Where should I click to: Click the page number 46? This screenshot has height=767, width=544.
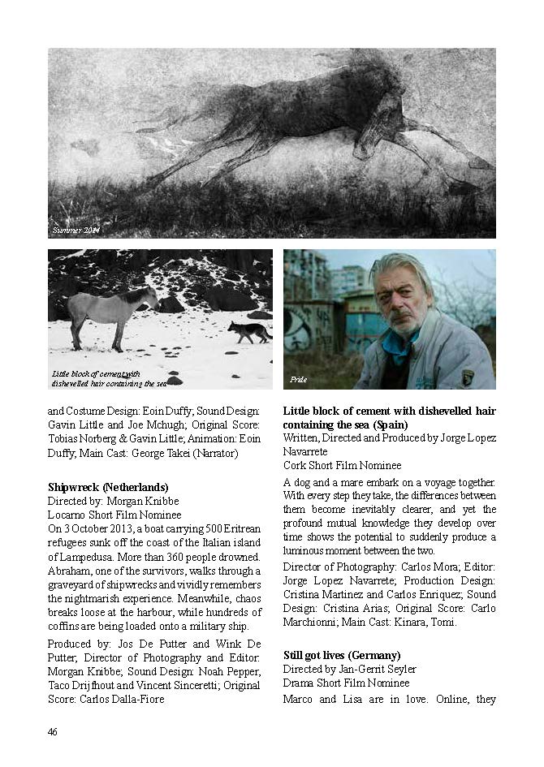coord(52,732)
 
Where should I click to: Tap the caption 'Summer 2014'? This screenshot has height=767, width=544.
coord(76,231)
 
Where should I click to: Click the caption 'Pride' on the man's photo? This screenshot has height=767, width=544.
coord(298,380)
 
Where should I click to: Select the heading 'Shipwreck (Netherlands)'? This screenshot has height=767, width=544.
coord(108,487)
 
